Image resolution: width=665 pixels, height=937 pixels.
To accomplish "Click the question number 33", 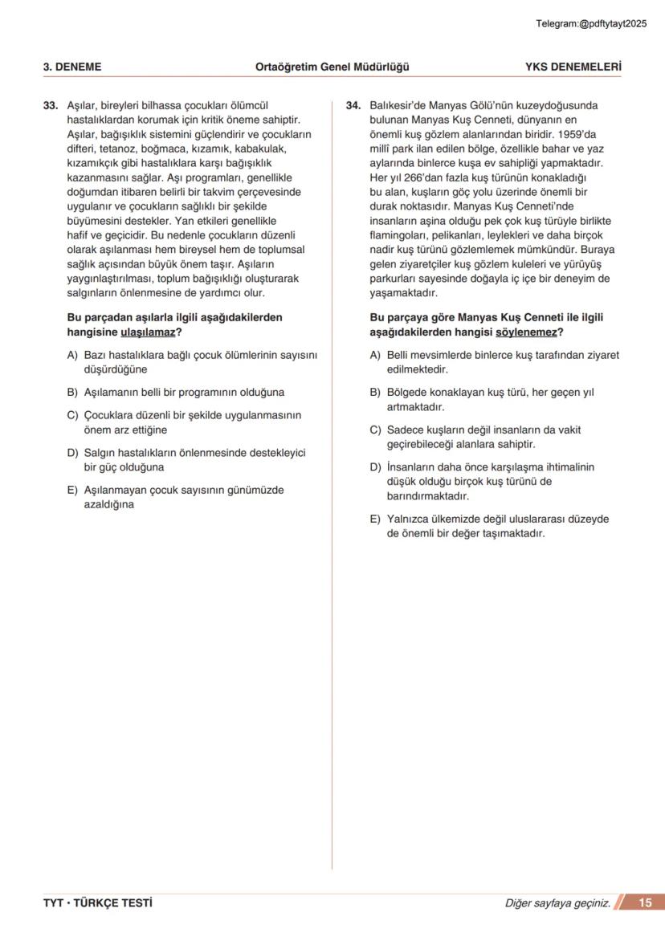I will pos(50,105).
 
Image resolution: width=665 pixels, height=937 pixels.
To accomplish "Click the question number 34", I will pos(353,105).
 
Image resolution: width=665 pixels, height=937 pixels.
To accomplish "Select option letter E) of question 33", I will pos(72,490).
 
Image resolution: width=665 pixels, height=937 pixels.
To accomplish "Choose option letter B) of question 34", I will pos(375,393).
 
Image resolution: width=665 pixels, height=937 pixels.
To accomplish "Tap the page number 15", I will pos(645,903).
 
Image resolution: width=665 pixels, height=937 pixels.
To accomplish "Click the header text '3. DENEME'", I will pos(72,67).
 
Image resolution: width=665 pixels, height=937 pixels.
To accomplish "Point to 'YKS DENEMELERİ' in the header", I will pos(573,67).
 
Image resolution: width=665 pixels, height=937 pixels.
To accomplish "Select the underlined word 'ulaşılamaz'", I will pos(148,332).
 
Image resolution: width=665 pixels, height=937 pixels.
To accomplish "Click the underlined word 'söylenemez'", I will pos(530,332).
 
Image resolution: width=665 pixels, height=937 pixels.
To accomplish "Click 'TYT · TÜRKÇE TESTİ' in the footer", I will pos(98,903).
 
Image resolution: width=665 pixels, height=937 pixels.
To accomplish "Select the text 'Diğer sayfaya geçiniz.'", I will pos(557,904).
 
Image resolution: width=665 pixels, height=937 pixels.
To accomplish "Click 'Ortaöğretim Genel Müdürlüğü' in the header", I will pos(332,67).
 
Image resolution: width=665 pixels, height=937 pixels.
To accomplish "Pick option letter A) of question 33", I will pos(72,355).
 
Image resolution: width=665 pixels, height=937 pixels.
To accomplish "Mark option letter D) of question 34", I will pos(375,467).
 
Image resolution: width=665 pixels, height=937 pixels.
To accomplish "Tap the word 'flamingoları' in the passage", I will pos(398,235).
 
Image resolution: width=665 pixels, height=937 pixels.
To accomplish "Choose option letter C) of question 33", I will pos(72,415).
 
